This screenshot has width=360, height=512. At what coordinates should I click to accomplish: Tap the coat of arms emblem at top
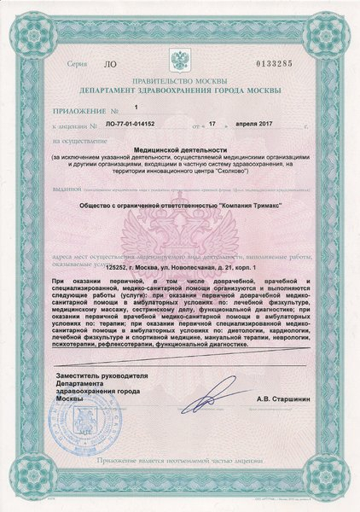[180, 61]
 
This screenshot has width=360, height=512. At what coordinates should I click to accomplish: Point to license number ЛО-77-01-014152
[133, 125]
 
